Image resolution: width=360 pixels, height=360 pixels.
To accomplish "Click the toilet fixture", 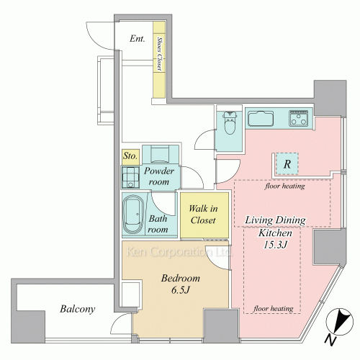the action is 230,122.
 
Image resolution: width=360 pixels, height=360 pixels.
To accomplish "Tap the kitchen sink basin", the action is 261,119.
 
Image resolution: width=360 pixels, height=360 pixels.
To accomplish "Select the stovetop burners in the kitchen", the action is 299,118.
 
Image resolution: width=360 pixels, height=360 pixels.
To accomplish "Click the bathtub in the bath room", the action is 132,214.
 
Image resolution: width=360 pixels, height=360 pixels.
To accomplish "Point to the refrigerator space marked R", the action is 287,164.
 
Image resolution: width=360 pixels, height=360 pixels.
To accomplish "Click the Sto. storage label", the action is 130,156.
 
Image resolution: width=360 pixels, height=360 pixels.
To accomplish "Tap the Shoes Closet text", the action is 159,53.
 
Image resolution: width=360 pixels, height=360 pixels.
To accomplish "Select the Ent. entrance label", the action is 138,38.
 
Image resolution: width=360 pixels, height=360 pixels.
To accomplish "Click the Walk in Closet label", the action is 203,215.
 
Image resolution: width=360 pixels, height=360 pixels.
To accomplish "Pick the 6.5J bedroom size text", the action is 181,290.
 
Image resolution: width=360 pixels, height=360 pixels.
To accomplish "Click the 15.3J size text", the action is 275,245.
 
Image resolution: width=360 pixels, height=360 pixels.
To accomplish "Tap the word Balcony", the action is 78,309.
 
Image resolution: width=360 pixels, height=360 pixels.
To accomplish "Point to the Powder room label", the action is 158,176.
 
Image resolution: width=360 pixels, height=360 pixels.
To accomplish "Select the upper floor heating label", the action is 285,186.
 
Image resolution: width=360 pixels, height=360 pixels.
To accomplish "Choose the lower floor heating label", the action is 274,308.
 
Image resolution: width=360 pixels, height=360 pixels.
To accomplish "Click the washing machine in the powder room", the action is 130,177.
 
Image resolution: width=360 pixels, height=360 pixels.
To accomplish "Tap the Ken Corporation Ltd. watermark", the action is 179,252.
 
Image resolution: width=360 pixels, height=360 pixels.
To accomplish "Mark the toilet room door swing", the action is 200,137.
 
